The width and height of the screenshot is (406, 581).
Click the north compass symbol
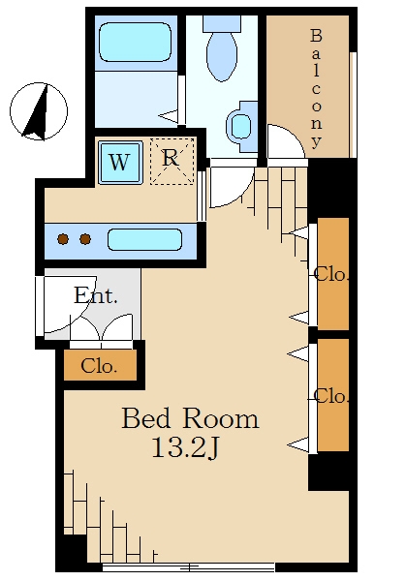tap(39, 111)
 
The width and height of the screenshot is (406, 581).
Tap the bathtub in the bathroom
tap(136, 42)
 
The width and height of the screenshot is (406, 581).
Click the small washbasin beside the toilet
tap(241, 126)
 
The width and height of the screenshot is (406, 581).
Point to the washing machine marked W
tap(120, 163)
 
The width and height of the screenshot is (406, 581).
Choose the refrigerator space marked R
tap(172, 161)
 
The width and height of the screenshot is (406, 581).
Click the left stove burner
tap(63, 239)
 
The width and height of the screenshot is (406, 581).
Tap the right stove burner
tap(85, 239)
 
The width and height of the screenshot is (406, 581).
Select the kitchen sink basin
tap(144, 240)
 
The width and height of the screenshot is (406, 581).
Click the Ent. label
tap(96, 295)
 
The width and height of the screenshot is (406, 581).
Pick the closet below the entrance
tap(100, 365)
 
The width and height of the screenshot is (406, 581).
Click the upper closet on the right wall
tap(333, 274)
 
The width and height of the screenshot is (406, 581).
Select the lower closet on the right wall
tap(333, 395)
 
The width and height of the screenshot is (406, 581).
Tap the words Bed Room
tap(190, 418)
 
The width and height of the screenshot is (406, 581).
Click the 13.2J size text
tap(186, 448)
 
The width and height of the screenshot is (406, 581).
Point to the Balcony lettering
tap(316, 88)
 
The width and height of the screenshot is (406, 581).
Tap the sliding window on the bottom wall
tap(189, 566)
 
